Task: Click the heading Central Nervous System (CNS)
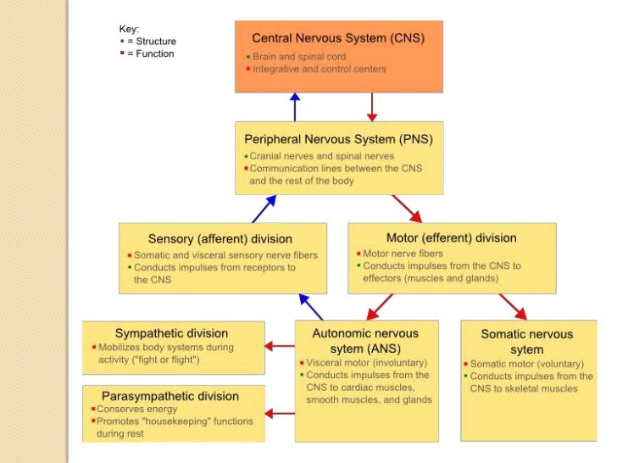tap(338, 38)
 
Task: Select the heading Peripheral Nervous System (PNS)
tap(338, 138)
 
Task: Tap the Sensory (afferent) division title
tap(220, 238)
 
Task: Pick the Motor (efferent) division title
tap(451, 237)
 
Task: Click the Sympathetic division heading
tap(171, 333)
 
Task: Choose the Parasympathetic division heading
tap(170, 396)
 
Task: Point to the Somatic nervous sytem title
tap(527, 342)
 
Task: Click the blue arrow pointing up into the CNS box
tap(295, 107)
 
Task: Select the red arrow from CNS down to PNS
tap(371, 107)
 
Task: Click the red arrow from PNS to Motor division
tap(407, 209)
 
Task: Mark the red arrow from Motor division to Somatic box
tap(513, 306)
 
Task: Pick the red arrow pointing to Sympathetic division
tap(280, 345)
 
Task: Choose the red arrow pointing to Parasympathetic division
tap(280, 414)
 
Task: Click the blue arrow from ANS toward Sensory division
tap(311, 306)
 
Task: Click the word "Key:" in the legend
tap(129, 28)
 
